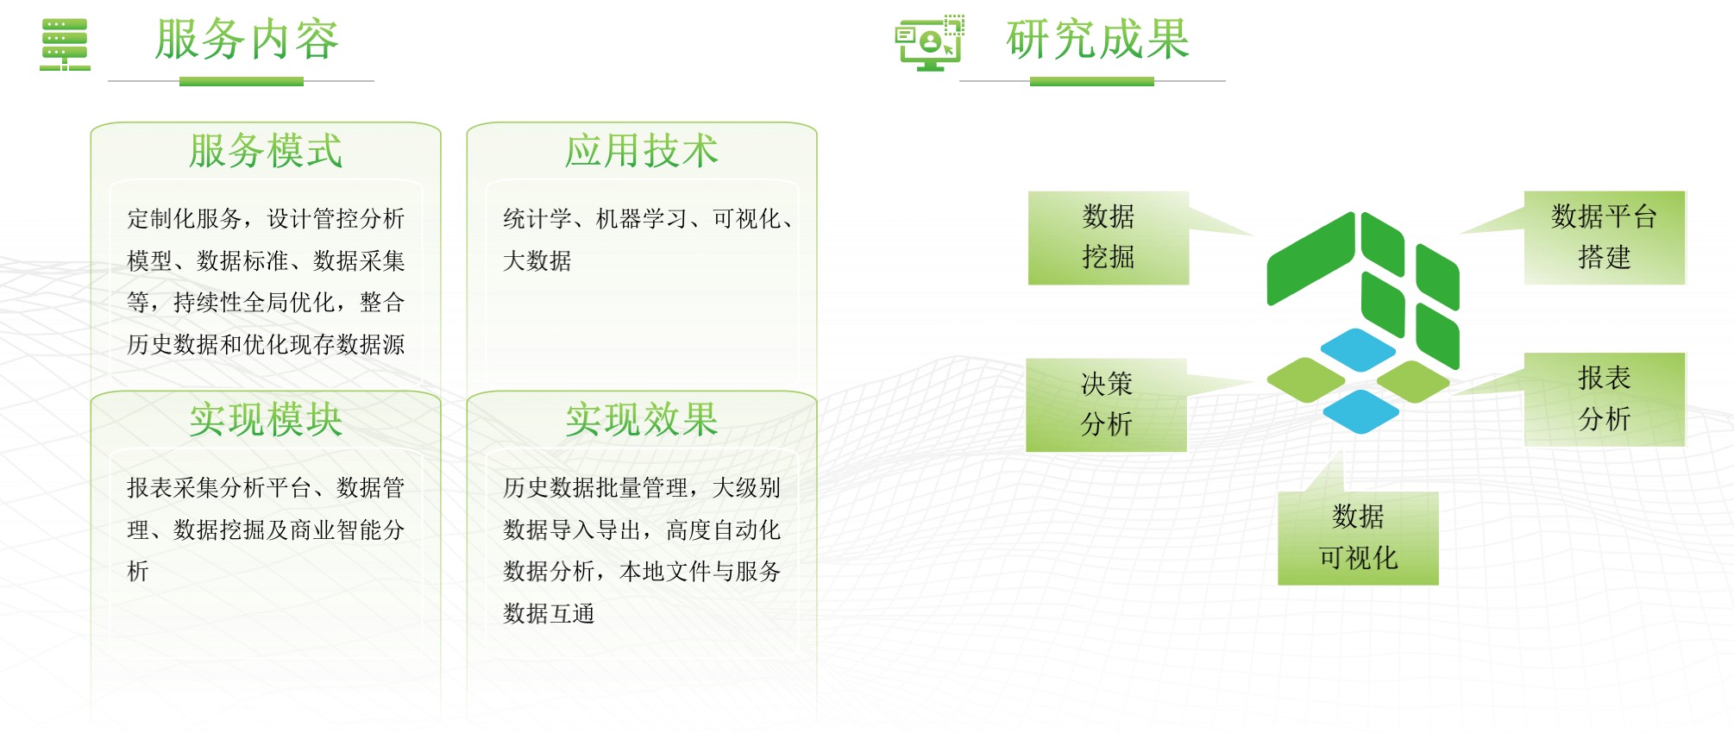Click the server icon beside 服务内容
click(65, 45)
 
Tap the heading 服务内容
click(247, 40)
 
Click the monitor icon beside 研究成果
click(929, 42)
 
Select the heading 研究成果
click(1097, 40)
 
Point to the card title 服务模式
click(266, 151)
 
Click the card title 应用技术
click(642, 151)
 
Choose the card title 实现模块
click(266, 420)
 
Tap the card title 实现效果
click(642, 420)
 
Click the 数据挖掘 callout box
click(1109, 237)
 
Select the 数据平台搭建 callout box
click(1605, 237)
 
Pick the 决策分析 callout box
click(1106, 404)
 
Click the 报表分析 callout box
click(1605, 398)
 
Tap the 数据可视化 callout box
click(1358, 538)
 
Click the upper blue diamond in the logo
click(1358, 349)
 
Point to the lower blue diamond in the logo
click(1360, 411)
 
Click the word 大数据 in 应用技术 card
click(537, 260)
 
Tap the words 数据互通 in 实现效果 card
click(549, 613)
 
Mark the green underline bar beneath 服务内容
click(242, 81)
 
